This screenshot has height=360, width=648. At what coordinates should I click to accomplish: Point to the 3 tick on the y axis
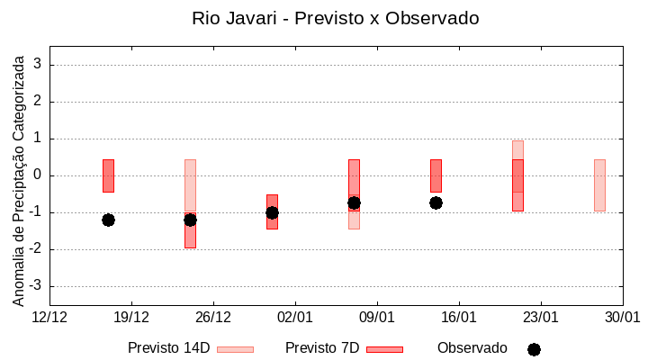[x=38, y=65]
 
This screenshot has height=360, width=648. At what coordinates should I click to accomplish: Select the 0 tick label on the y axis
[x=38, y=175]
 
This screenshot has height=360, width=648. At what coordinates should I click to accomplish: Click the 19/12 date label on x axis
[x=131, y=317]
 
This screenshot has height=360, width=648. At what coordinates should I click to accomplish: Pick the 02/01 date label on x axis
[x=295, y=317]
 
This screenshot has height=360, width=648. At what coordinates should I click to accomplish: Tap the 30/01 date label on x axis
[x=622, y=317]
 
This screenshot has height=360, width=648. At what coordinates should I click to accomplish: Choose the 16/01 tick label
[x=459, y=317]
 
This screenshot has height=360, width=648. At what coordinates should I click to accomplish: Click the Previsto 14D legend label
[x=168, y=348]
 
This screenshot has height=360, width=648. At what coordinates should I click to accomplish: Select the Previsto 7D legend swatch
[x=384, y=349]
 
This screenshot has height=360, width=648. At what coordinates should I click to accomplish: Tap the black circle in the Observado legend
[x=534, y=349]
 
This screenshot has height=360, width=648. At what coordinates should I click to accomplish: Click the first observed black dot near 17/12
[x=108, y=220]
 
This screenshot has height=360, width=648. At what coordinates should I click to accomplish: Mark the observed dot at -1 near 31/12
[x=272, y=212]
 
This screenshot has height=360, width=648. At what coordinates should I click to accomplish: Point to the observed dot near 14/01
[x=436, y=202]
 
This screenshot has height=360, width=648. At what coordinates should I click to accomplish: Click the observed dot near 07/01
[x=354, y=202]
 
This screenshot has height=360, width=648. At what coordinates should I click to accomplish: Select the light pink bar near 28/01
[x=599, y=184]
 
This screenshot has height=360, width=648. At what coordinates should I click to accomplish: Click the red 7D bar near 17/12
[x=108, y=175]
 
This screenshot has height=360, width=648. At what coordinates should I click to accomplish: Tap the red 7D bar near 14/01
[x=436, y=175]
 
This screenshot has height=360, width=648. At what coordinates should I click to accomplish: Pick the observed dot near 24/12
[x=190, y=220]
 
